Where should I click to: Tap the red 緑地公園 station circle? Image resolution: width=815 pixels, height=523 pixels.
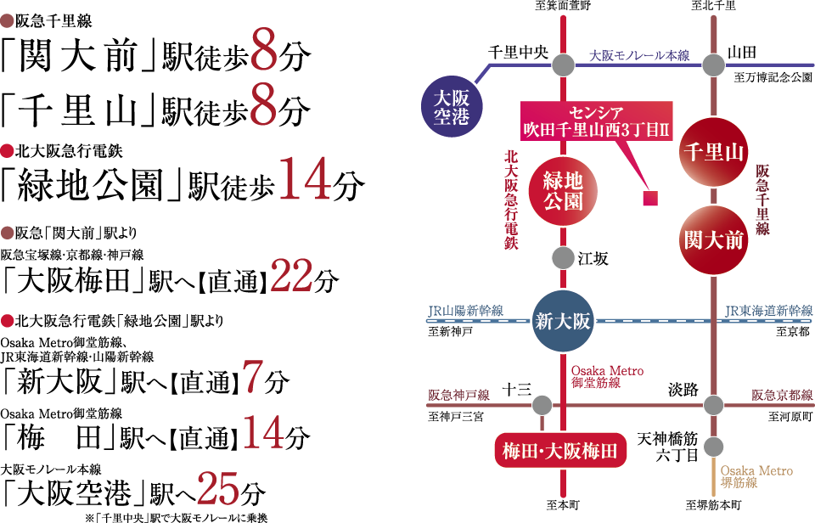[562, 188]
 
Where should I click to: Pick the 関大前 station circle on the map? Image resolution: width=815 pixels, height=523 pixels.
[713, 239]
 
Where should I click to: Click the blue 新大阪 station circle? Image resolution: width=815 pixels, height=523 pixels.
[562, 322]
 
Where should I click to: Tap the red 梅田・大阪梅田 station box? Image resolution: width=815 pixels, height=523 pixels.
[561, 451]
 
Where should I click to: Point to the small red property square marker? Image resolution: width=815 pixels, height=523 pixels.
[651, 200]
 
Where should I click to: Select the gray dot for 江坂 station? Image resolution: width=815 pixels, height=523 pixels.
[562, 257]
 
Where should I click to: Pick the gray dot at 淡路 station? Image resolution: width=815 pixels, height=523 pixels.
[713, 405]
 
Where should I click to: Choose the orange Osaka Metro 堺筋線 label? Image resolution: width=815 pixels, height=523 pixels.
[756, 476]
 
